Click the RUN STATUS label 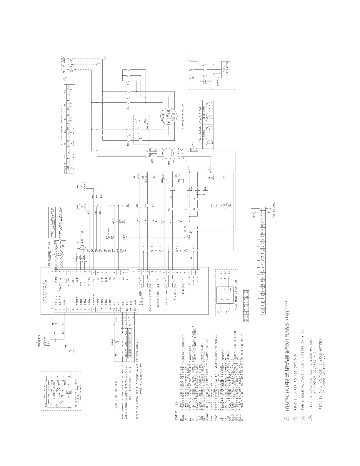click(274, 209)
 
